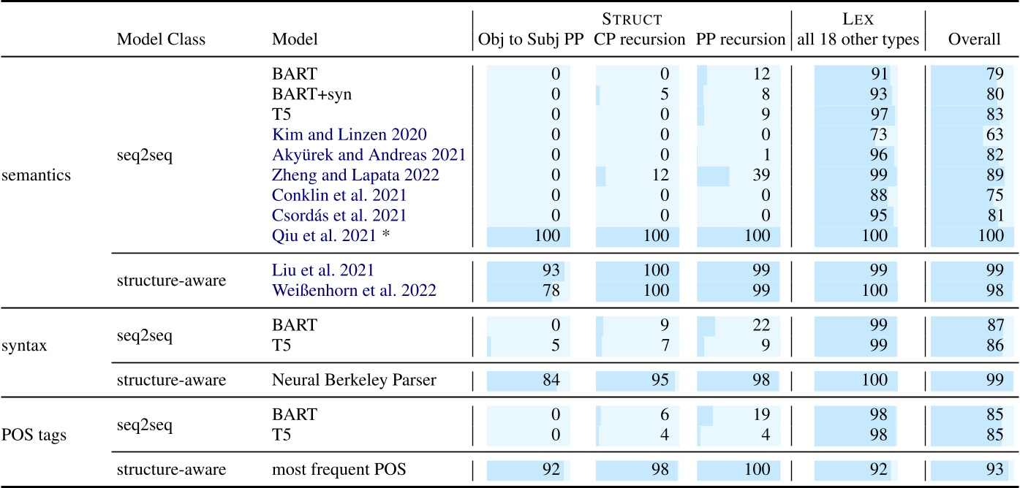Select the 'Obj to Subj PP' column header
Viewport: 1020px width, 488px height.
pyautogui.click(x=531, y=39)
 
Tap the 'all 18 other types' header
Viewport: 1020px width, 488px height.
pyautogui.click(x=857, y=39)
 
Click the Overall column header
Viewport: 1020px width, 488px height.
pyautogui.click(x=974, y=39)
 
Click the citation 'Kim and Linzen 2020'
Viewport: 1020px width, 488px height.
pyautogui.click(x=350, y=134)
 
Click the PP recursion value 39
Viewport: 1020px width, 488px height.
pyautogui.click(x=761, y=175)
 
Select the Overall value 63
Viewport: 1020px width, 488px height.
pyautogui.click(x=994, y=134)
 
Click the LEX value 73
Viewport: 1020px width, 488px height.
pyautogui.click(x=880, y=134)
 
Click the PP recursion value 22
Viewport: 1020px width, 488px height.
pyautogui.click(x=761, y=327)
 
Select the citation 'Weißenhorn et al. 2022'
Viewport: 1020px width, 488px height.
pyautogui.click(x=354, y=291)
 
